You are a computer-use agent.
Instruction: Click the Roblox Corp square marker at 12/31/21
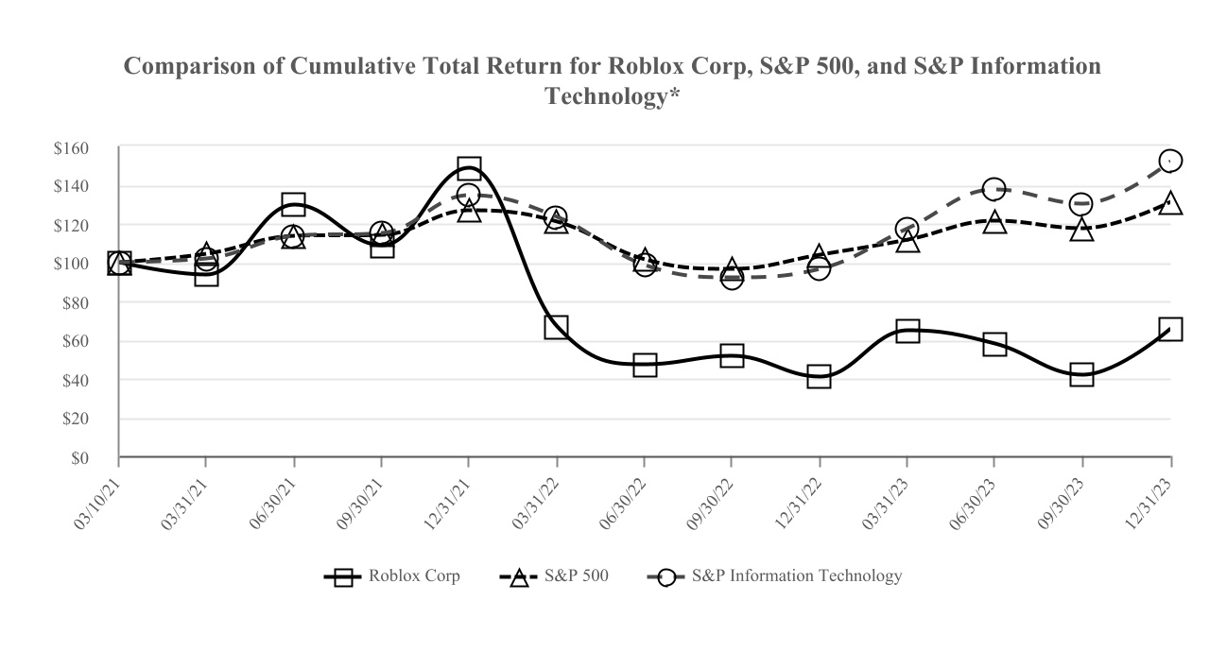click(x=469, y=169)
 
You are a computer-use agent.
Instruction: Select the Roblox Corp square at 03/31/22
click(x=556, y=328)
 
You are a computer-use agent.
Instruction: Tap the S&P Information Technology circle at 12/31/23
click(x=1170, y=161)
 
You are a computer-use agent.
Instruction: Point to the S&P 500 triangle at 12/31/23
click(x=1170, y=203)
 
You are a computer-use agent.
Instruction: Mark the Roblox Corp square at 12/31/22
click(x=819, y=377)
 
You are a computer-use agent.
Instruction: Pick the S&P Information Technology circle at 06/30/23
click(x=994, y=189)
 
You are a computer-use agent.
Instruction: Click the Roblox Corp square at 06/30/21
click(x=293, y=205)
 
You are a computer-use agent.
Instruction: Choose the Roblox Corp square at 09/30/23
click(x=1082, y=374)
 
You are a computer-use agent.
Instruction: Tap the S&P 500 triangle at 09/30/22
click(x=731, y=270)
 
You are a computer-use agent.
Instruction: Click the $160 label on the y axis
click(x=71, y=148)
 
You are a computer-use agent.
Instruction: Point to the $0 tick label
click(x=78, y=458)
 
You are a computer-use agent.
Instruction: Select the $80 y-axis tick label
click(x=75, y=303)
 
